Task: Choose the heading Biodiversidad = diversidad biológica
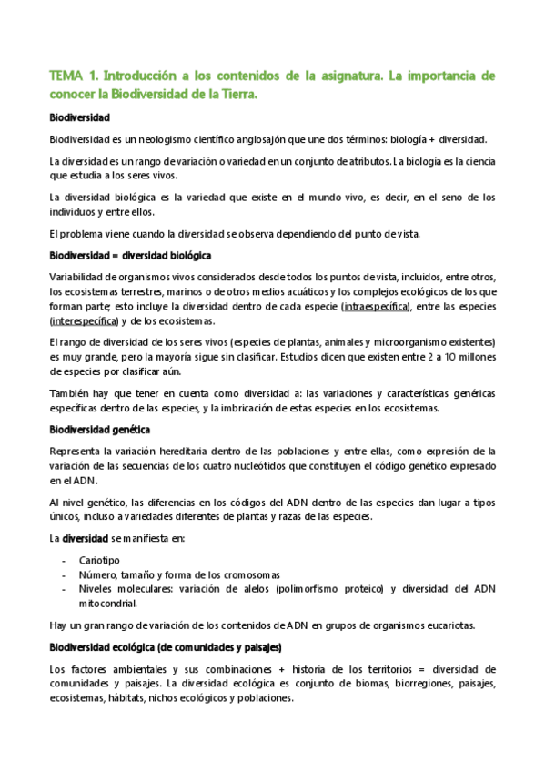tap(129, 256)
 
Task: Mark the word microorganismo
tap(421, 342)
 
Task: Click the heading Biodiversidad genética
tap(99, 430)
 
